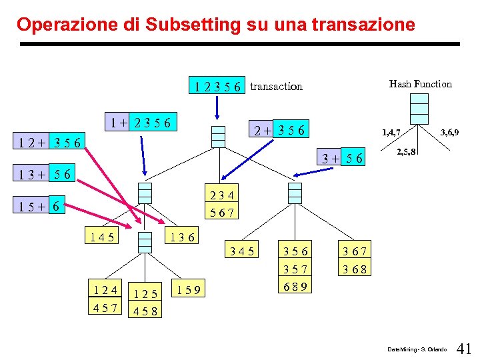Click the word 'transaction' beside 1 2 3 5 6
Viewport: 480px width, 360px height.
coord(276,86)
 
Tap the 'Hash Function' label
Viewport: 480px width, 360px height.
coord(420,84)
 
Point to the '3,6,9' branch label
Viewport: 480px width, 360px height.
coord(448,133)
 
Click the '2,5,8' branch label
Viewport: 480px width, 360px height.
coord(407,152)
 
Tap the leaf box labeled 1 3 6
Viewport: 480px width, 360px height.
coord(181,236)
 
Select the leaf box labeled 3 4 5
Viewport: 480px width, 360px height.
coord(241,252)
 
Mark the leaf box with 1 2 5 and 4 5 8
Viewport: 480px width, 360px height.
coord(145,301)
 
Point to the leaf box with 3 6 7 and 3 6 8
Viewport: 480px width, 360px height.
coord(355,261)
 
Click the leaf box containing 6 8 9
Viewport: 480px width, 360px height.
coord(295,286)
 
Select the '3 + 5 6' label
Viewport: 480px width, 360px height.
coord(342,158)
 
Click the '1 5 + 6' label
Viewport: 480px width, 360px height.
coord(42,207)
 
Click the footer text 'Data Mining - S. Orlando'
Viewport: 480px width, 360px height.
coord(417,349)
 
